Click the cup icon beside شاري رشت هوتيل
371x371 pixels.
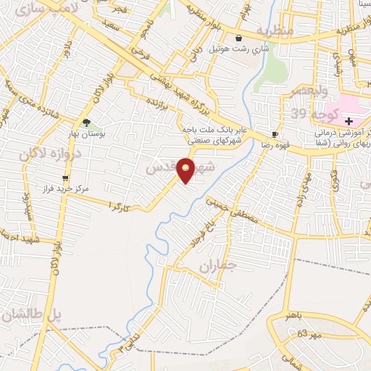[x=239, y=38]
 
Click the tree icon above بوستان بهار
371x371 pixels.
[x=87, y=122]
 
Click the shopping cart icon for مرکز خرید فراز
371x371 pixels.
[x=66, y=178]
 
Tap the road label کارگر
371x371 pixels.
[x=120, y=206]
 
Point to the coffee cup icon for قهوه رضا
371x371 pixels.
[x=274, y=134]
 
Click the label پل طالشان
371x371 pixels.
[x=30, y=315]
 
